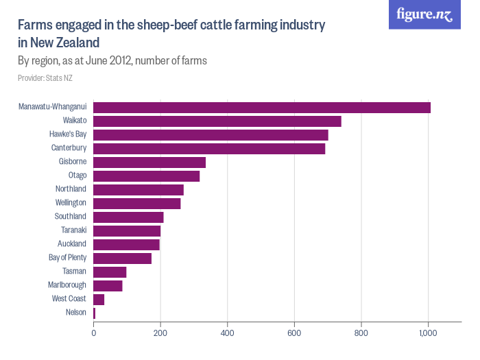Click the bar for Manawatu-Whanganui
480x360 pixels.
point(261,107)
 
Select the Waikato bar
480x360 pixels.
point(217,121)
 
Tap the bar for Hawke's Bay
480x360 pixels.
point(211,134)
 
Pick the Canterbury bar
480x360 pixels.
point(209,148)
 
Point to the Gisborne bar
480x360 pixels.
point(149,162)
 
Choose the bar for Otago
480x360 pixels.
point(146,176)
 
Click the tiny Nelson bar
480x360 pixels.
point(94,313)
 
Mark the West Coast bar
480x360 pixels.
point(99,299)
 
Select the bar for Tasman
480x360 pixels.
point(110,272)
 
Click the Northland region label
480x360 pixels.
point(71,189)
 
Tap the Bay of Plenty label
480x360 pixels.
point(67,258)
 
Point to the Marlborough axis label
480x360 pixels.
point(67,285)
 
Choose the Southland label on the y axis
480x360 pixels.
point(70,217)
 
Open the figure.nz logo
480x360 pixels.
point(424,15)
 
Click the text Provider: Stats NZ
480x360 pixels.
point(45,78)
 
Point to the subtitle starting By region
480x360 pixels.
point(112,60)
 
